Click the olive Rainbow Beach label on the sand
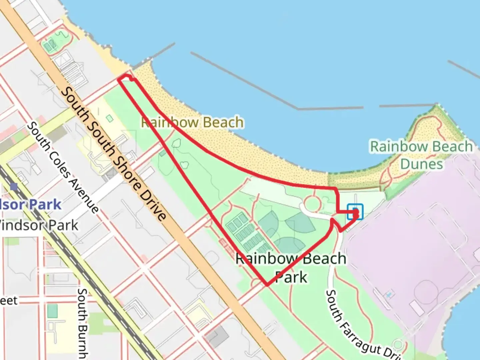(x=192, y=122)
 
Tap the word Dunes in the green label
(x=421, y=164)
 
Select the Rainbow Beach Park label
(x=291, y=268)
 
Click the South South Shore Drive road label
(x=113, y=153)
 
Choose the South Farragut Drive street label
(x=361, y=325)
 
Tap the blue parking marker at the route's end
(x=355, y=212)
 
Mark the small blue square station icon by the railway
(x=14, y=187)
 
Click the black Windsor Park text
(x=38, y=226)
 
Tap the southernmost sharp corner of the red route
(x=267, y=285)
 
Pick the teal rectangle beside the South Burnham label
(x=52, y=311)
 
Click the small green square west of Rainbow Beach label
(x=109, y=118)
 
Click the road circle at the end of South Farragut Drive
(x=398, y=345)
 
